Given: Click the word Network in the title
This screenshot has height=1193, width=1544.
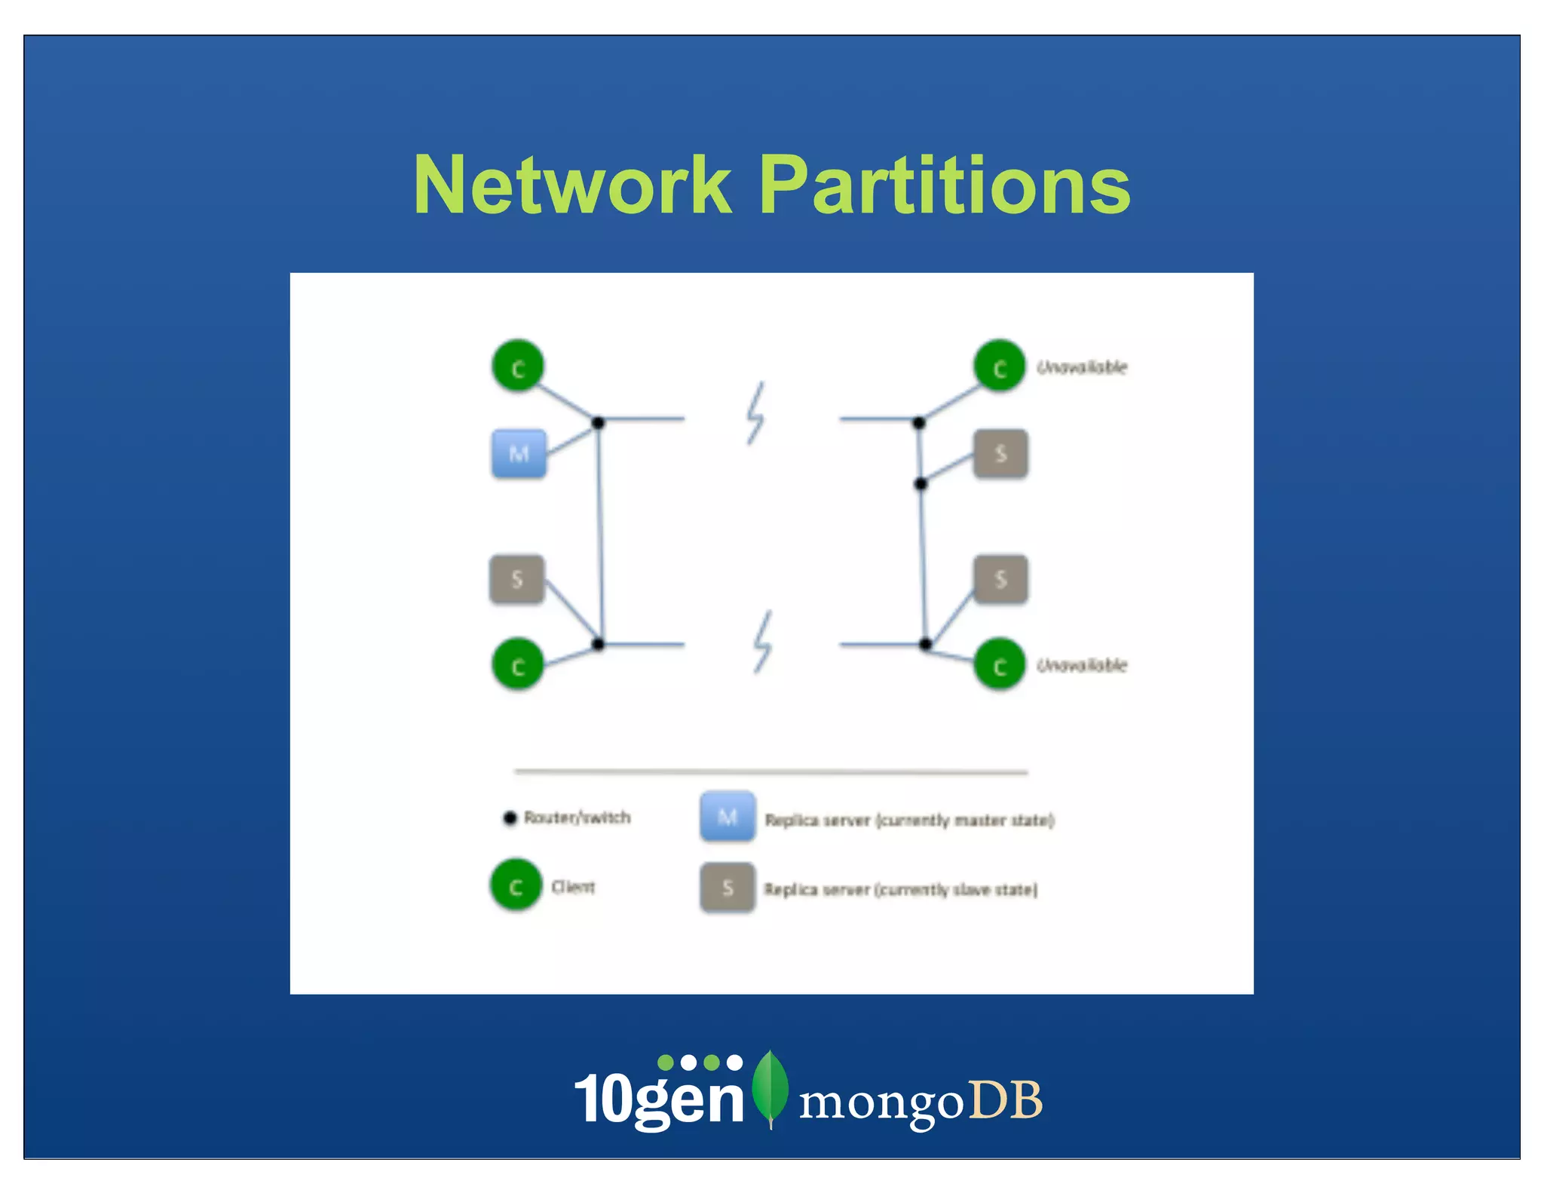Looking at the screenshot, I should click(573, 186).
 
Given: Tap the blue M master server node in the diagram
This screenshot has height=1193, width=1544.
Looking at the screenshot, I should click(519, 454).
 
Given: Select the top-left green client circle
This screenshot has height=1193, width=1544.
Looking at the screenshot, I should click(518, 366).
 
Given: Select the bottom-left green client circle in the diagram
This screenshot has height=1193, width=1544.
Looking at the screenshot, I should click(518, 664).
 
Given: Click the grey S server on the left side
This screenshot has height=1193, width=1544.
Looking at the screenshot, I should click(517, 579).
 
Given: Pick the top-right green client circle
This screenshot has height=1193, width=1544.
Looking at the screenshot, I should click(999, 366).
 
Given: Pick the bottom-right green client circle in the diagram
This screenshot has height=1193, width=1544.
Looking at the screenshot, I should click(999, 664).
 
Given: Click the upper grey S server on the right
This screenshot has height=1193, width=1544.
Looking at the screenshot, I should click(1000, 454).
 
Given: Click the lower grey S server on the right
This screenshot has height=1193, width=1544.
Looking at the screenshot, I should click(1000, 579).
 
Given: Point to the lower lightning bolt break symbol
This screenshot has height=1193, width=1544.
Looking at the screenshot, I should click(763, 642).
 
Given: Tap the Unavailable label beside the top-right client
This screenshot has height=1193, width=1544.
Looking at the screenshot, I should click(1082, 367).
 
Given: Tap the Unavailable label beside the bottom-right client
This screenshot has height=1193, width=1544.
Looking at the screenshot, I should click(1082, 665).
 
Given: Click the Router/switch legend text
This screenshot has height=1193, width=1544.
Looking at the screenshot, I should click(577, 817).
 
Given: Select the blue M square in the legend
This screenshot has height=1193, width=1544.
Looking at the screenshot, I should click(728, 817).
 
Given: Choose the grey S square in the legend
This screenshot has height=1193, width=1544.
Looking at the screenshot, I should click(728, 888).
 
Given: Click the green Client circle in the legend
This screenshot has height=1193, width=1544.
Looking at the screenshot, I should click(516, 885).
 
